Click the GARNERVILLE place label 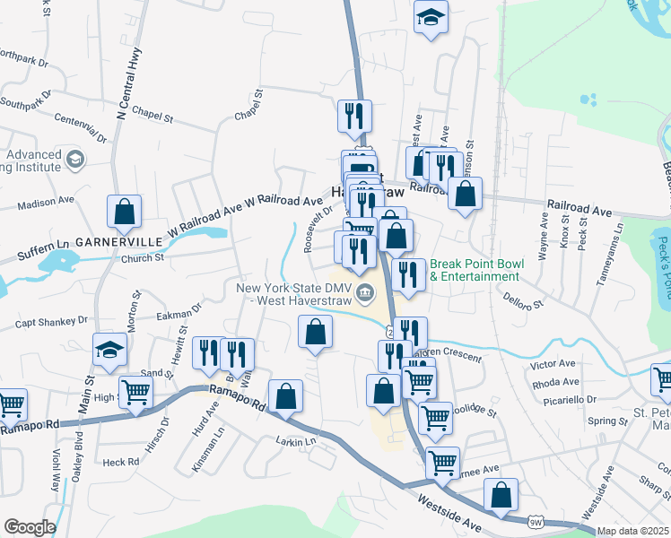pos(118,242)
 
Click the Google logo pos(30,527)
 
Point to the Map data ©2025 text pos(632,531)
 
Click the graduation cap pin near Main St pos(109,349)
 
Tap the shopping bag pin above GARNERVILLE pos(124,212)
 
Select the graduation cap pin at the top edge pos(431,16)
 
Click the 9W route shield pos(536,522)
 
